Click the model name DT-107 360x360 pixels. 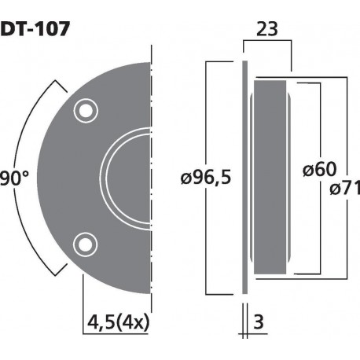point(35,29)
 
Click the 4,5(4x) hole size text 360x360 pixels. point(118,323)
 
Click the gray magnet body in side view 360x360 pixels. point(272,177)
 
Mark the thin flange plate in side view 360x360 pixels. point(245,177)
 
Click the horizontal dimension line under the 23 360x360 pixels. point(267,47)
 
